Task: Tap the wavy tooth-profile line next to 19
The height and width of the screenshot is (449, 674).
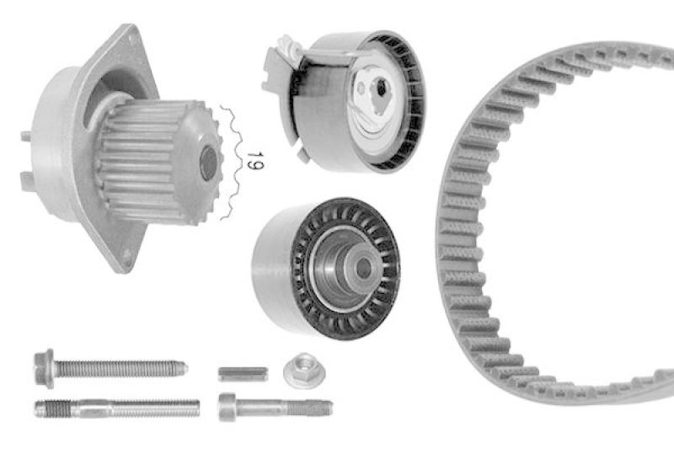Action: coord(226,160)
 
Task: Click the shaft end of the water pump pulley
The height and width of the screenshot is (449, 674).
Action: coord(208,163)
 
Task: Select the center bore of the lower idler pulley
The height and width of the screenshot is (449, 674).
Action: coord(363,267)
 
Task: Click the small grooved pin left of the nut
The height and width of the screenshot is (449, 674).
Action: coord(243,372)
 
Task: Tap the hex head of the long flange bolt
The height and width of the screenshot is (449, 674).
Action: coord(44,368)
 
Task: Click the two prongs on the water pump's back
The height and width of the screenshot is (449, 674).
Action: coord(26,156)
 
